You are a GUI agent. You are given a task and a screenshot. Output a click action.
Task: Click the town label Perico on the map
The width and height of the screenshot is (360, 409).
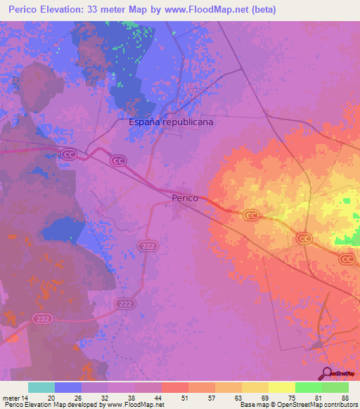(185, 199)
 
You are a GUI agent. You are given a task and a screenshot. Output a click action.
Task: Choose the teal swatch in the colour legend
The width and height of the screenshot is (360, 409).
(41, 387)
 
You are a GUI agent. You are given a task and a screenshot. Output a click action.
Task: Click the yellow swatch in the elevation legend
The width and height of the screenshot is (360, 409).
(282, 387)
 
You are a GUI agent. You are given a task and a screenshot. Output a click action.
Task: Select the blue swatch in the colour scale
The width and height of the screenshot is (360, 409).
(68, 387)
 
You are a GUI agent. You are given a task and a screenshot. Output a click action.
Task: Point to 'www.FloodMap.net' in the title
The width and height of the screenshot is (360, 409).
(211, 10)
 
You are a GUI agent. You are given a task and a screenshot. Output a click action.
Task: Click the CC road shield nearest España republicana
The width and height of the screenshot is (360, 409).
(118, 161)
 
